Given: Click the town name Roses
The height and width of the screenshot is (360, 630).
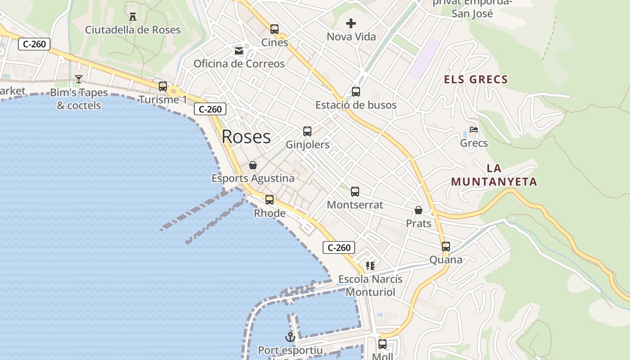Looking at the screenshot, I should pos(246,137).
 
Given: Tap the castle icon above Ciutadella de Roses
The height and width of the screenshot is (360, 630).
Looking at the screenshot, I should pos(133,17).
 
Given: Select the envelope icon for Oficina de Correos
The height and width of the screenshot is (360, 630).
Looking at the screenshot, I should pos(239,51).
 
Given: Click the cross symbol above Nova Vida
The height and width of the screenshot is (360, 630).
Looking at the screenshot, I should pos(351,23).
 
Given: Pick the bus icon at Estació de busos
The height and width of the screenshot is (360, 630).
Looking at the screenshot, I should pos(356,92).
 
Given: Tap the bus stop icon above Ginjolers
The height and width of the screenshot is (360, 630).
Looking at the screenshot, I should pos(307,131).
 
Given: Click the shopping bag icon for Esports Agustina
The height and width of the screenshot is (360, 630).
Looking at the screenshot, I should pos(253,165).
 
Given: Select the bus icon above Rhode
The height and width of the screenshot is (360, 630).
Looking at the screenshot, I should pos(270,200).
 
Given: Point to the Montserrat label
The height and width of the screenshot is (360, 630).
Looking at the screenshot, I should pos(355,205).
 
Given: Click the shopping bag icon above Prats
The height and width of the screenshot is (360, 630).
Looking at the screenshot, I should pos(418,210).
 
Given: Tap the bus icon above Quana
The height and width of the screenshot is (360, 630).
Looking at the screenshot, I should pos(446,247).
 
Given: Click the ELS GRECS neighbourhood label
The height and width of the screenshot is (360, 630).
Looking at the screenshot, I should pos(476,80).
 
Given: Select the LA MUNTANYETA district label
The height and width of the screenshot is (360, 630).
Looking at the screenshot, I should pos(494,175).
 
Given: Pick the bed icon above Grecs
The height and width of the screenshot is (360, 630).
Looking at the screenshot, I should pos(474,130).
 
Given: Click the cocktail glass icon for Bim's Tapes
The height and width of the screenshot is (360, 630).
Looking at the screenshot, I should pos(79,79).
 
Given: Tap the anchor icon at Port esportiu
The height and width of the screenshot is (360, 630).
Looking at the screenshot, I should pos(290,337).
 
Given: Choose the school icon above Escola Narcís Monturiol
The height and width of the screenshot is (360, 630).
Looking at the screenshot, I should pos(370,265).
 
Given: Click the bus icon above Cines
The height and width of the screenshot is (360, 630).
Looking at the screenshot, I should pos(274,29).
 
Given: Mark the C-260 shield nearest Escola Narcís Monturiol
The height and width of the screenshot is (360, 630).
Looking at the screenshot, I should pos(339,247).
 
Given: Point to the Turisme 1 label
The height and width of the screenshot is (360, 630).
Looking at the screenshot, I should pos(162,99).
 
